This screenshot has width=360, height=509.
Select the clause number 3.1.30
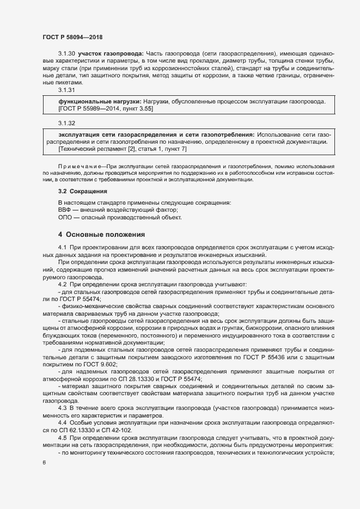(66, 53)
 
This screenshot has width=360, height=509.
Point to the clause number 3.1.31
(66, 89)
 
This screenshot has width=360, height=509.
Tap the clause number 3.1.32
(66, 124)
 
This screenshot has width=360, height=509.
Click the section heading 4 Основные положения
(101, 235)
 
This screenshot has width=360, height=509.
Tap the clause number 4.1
(62, 248)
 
